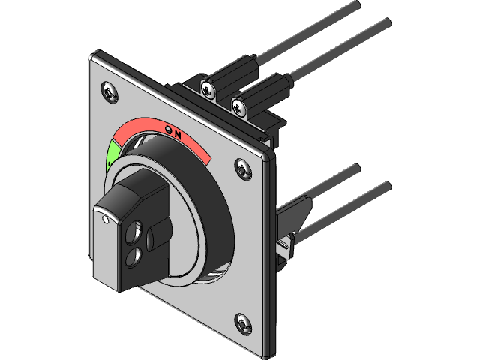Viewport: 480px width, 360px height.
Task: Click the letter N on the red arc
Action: tap(178, 135)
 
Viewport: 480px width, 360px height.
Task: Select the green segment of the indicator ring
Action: tap(112, 154)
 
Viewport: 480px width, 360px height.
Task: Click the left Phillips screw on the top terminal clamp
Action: tap(206, 88)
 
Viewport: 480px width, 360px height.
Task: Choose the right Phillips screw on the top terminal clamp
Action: tap(239, 106)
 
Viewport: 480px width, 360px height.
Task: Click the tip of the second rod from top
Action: tap(387, 22)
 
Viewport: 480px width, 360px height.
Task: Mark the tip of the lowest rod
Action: tap(387, 184)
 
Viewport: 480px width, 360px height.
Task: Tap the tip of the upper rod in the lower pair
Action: tap(357, 167)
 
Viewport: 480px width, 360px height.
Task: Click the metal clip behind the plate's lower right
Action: tap(288, 244)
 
